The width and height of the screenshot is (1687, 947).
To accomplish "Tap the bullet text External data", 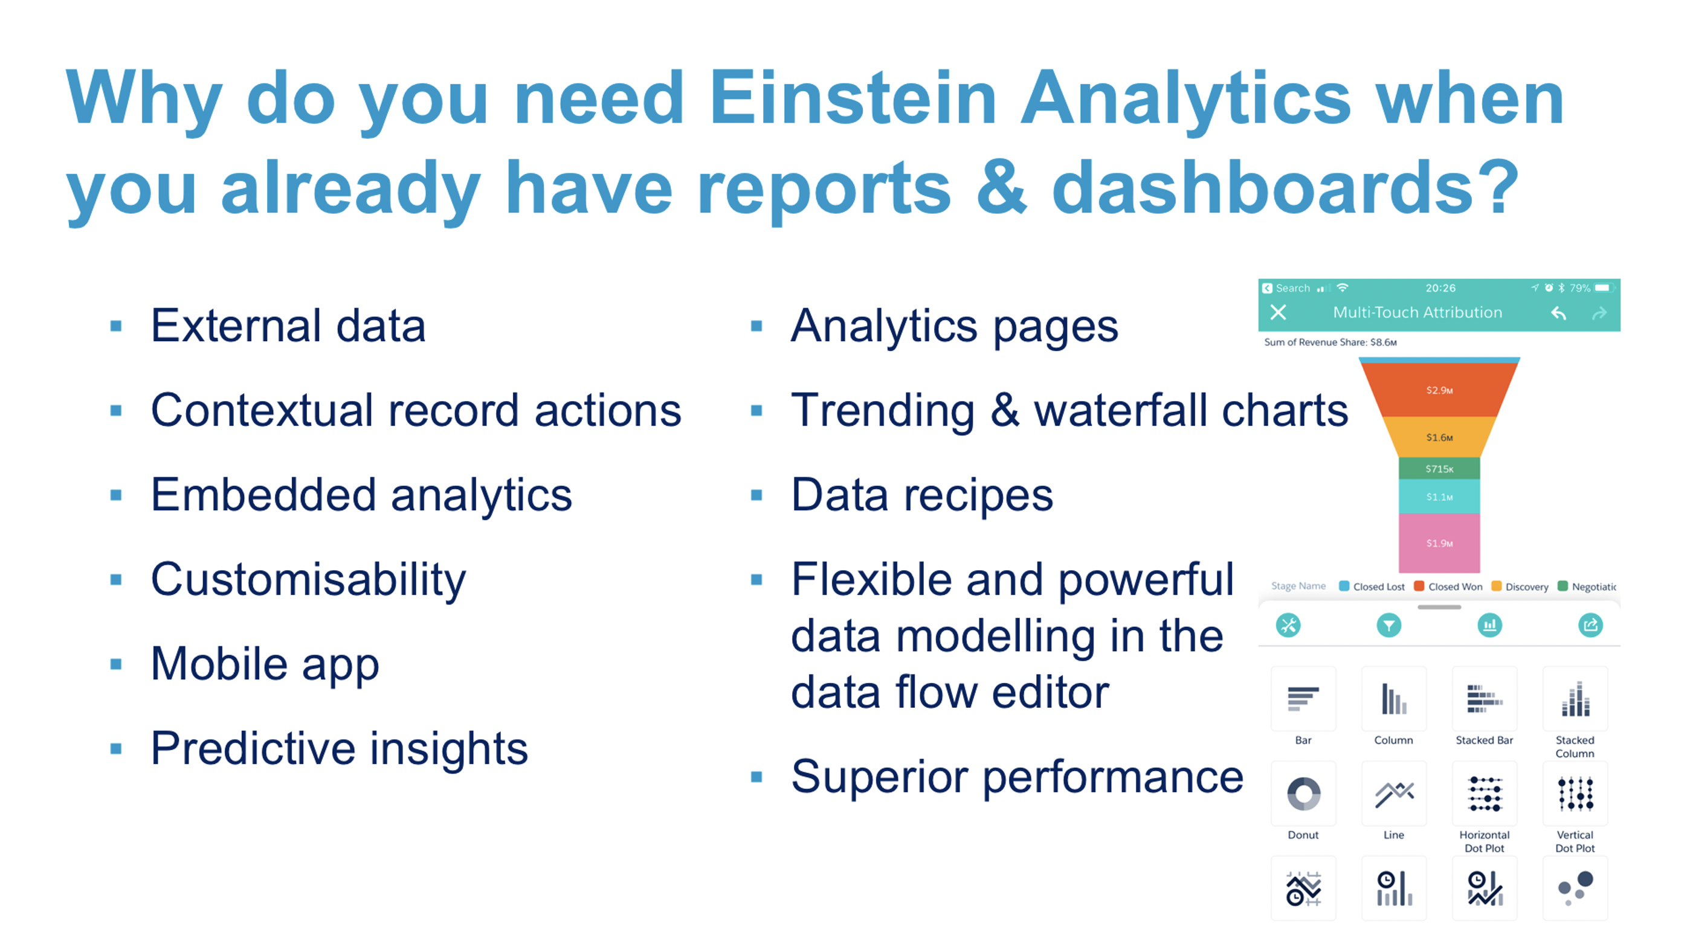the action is point(288,326).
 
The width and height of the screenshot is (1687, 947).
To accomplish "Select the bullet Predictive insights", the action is point(339,748).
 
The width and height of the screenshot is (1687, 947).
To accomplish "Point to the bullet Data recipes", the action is point(922,495).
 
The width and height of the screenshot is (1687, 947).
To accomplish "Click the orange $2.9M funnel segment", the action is point(1439,390).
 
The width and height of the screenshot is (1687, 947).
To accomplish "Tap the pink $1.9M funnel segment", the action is point(1439,542).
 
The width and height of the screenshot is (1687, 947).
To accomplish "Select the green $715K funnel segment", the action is point(1439,469).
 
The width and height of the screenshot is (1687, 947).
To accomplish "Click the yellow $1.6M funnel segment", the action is point(1439,437).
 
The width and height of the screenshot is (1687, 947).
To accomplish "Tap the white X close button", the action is point(1278,312).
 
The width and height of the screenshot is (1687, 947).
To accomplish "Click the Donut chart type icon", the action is point(1303,793).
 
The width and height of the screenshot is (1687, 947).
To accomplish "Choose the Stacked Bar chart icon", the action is point(1484,699).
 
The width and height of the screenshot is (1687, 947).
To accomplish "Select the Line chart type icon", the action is point(1393,793).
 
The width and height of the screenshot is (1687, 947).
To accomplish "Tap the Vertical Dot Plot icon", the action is point(1575,793).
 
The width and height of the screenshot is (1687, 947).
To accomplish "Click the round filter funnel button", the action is point(1389,626).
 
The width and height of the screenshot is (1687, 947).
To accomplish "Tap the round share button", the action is point(1590,626).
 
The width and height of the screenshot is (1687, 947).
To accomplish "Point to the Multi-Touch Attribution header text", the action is point(1417,312).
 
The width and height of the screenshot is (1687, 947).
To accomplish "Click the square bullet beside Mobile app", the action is point(116,664).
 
